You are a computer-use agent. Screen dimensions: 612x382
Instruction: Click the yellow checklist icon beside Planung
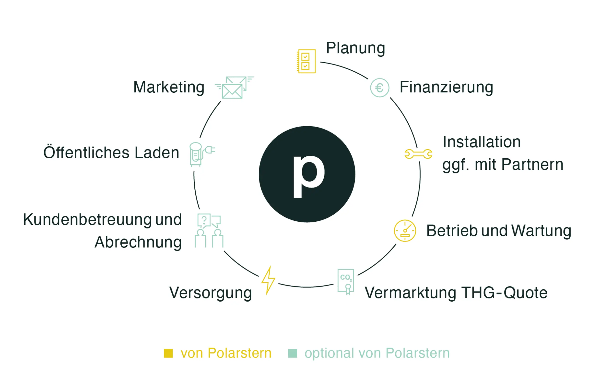306,61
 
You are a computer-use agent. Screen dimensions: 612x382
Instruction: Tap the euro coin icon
379,88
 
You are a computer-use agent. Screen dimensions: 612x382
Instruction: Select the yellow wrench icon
418,154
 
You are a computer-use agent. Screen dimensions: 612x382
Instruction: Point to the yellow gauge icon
405,231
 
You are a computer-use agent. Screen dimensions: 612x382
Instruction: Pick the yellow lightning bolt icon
268,280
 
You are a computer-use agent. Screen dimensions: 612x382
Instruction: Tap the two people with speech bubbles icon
209,231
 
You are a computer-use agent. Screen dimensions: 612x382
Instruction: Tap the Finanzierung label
446,87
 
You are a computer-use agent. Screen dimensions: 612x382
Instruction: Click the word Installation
482,142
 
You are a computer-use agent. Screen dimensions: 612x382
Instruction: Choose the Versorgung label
211,293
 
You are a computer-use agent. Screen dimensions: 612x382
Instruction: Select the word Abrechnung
138,242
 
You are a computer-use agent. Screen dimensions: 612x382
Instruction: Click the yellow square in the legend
168,353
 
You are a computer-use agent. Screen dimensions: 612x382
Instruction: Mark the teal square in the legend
293,353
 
